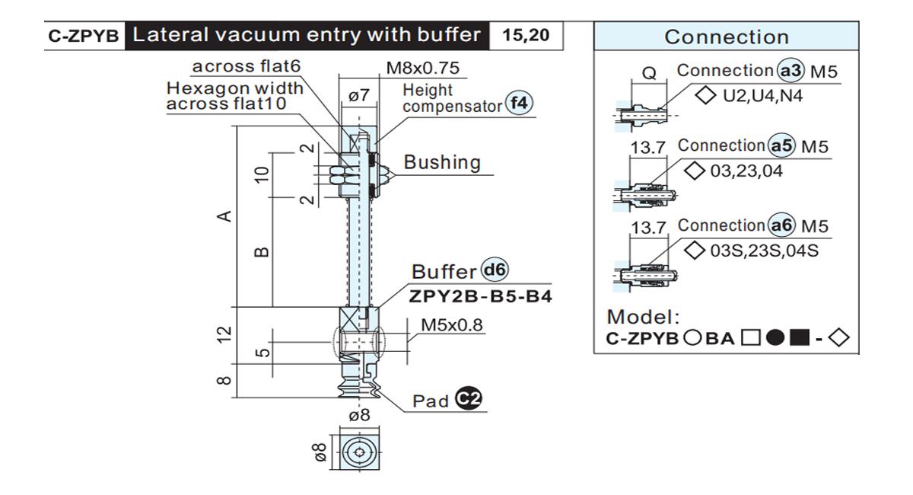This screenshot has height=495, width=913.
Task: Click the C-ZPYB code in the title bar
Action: tap(83, 36)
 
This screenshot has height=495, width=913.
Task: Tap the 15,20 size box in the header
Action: tap(526, 36)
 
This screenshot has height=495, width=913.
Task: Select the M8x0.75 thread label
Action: tap(423, 68)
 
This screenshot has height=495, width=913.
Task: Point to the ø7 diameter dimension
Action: tap(359, 95)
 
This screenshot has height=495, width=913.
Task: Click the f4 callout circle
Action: tap(519, 103)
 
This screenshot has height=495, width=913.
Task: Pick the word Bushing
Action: tap(442, 162)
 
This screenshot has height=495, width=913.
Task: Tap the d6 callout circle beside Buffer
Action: tap(495, 270)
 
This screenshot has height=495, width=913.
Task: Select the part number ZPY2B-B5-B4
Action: tap(481, 296)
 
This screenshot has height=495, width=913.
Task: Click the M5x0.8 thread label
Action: tap(452, 325)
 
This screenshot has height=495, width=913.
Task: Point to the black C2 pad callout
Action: tap(469, 398)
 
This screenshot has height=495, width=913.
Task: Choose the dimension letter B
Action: tap(261, 252)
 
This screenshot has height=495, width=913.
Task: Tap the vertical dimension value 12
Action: tap(224, 334)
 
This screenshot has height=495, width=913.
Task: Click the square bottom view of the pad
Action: tap(359, 452)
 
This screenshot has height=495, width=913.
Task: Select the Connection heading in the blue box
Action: tap(727, 37)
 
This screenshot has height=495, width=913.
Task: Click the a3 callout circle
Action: tap(791, 71)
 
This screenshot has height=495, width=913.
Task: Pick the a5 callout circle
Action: tap(781, 145)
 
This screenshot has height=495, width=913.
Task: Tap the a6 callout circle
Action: tap(781, 225)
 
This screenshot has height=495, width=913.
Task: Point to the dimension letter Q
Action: tap(649, 73)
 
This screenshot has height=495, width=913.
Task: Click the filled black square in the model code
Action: tap(800, 338)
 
